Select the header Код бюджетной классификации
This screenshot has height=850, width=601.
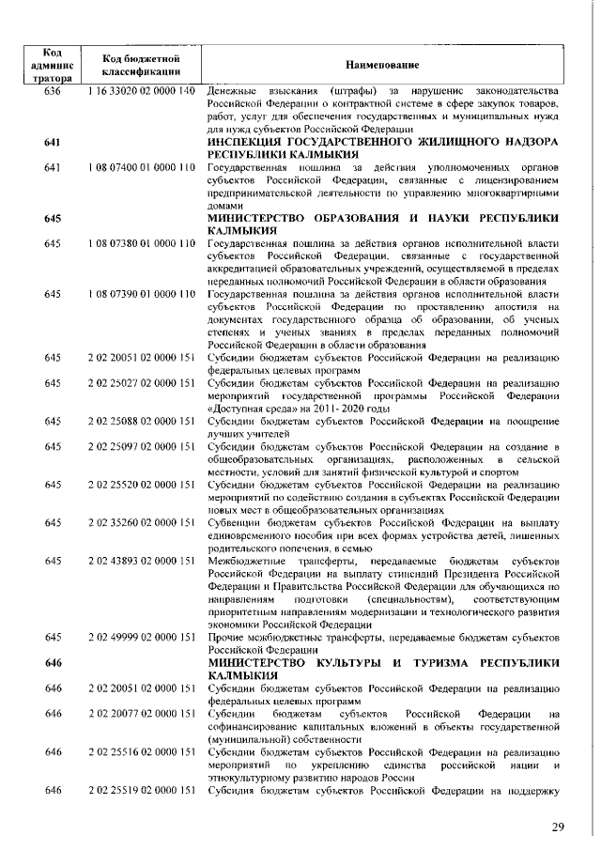[141, 64]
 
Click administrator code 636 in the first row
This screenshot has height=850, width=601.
[52, 90]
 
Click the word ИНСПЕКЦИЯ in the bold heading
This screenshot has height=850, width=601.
[254, 141]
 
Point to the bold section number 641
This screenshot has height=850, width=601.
[52, 141]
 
